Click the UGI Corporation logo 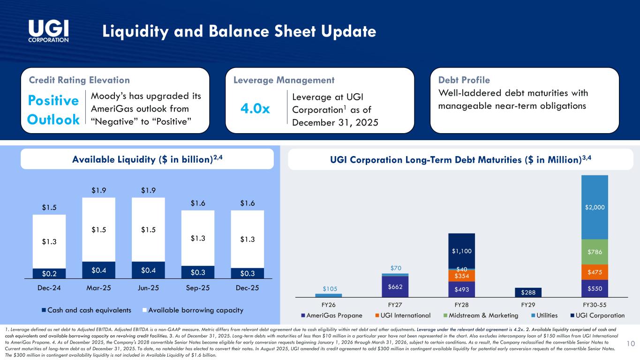click(49, 31)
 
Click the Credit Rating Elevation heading click(79, 80)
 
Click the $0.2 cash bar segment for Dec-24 click(49, 273)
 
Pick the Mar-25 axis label click(98, 288)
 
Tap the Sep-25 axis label click(198, 288)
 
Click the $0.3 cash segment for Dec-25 click(247, 272)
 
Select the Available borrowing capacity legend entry click(196, 310)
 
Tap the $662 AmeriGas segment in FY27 click(395, 286)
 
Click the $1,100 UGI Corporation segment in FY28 click(462, 251)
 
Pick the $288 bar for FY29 click(528, 292)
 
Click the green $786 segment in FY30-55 click(595, 252)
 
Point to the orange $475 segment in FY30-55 click(595, 272)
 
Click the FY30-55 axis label click(595, 304)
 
